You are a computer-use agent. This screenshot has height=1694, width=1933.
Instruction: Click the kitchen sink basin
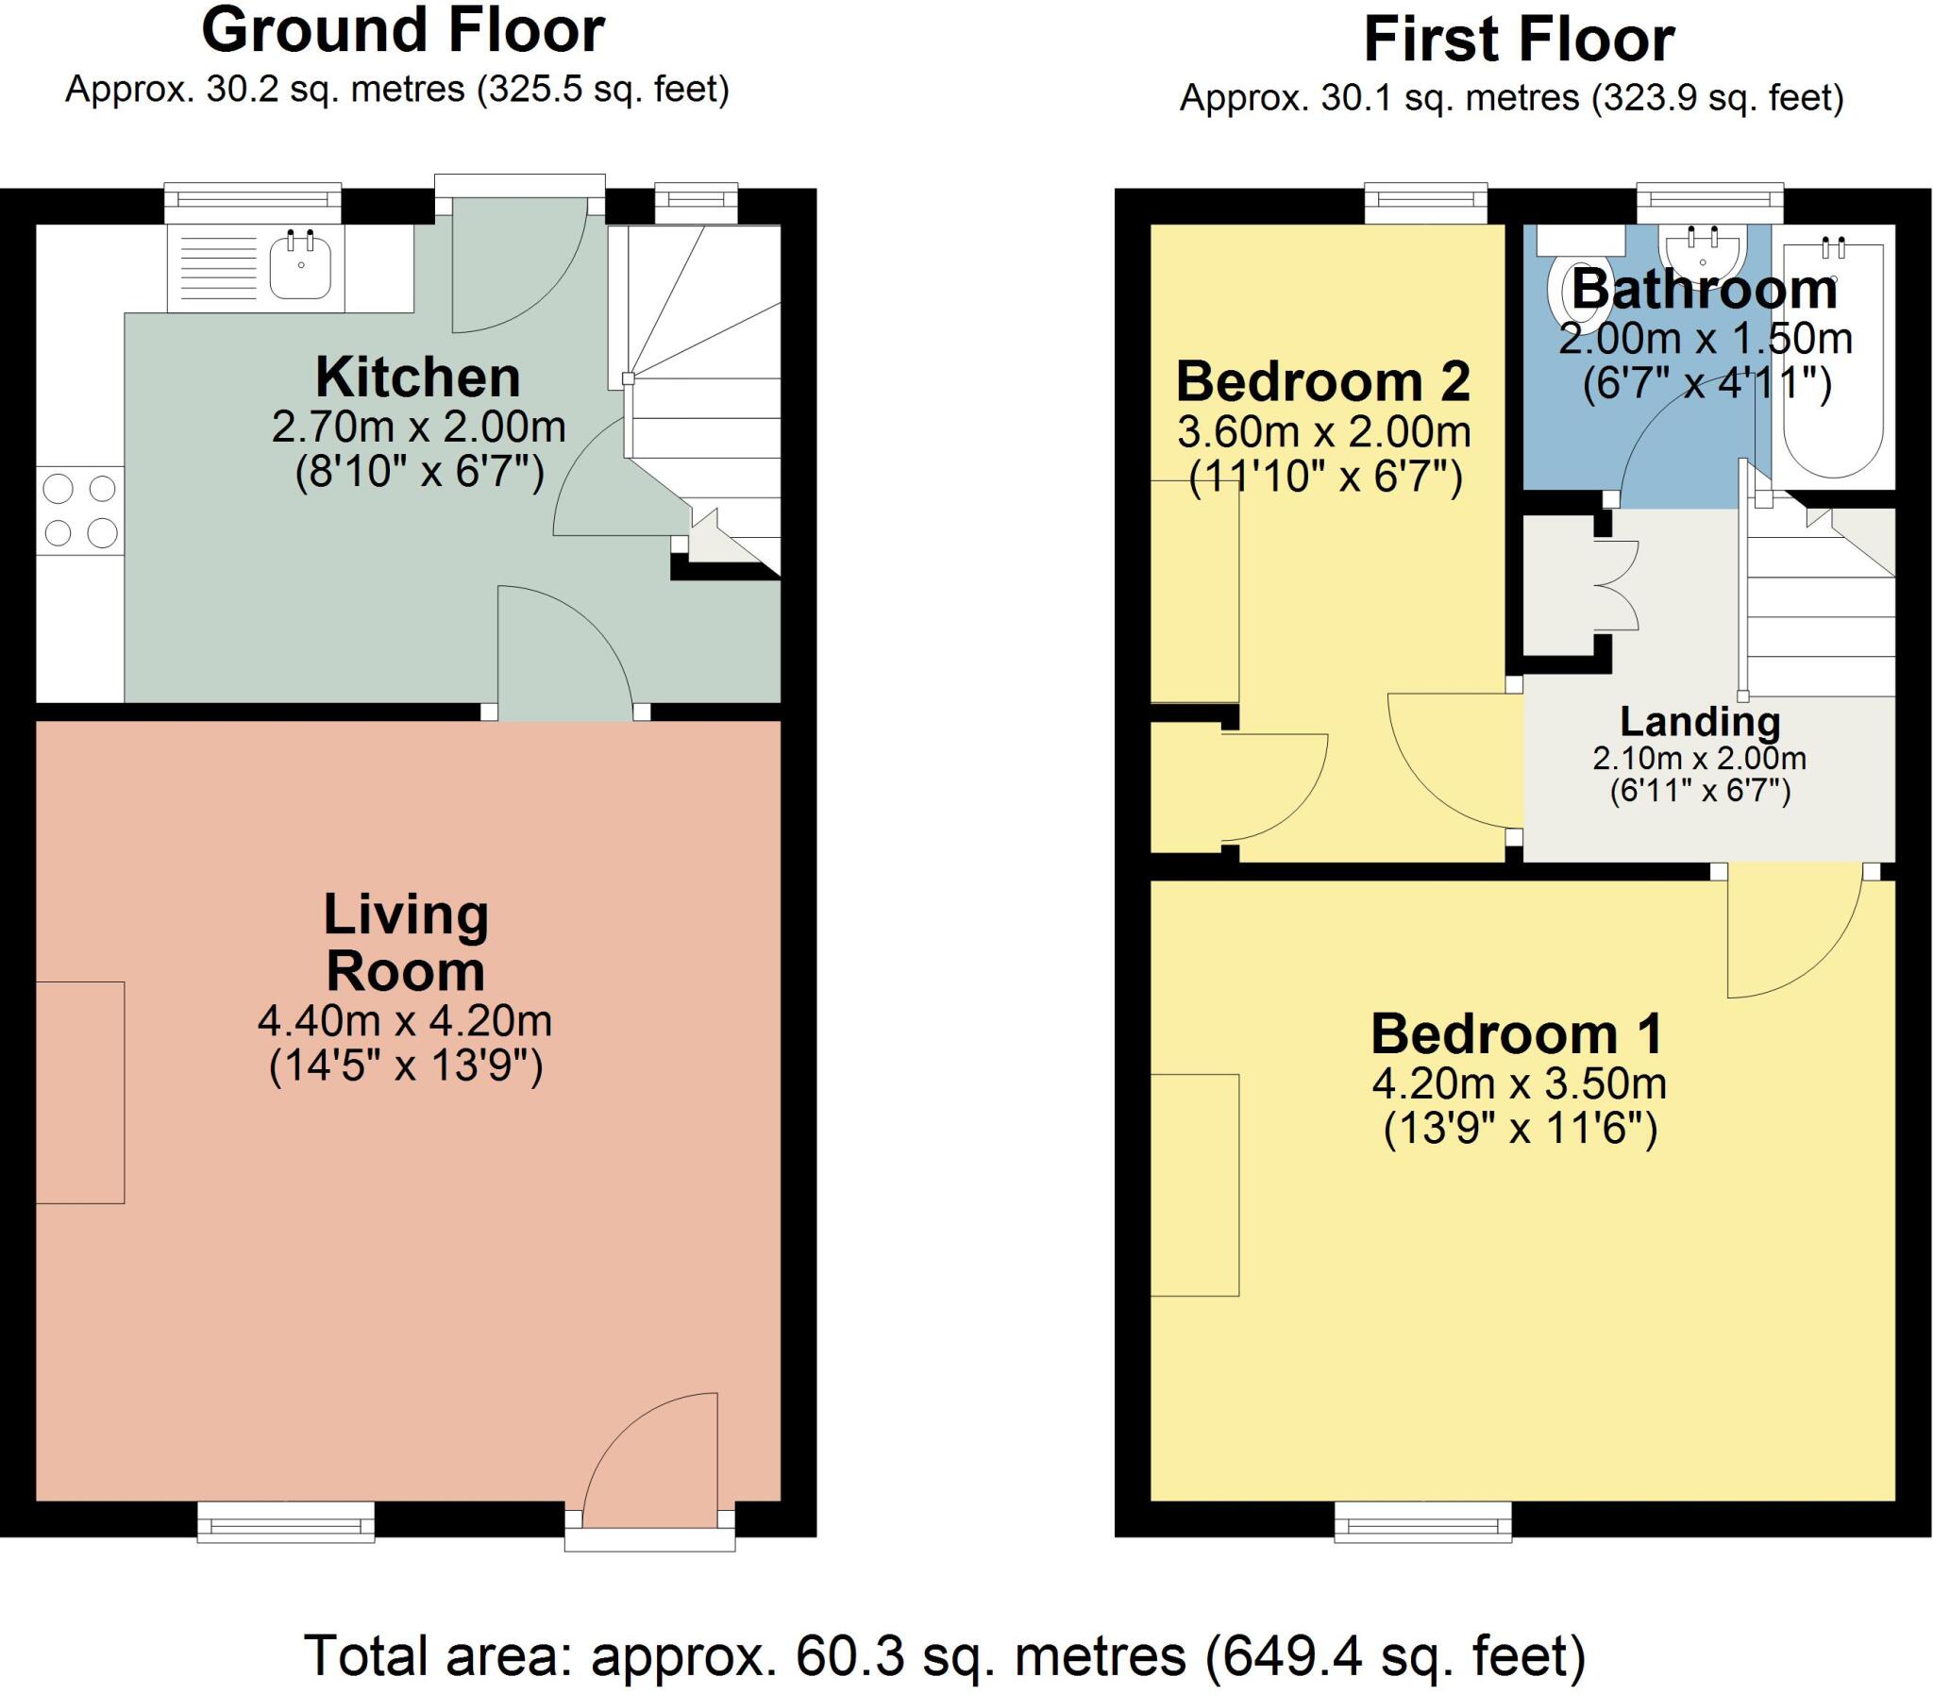(x=300, y=266)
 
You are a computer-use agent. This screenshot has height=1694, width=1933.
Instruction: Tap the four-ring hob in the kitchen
(x=80, y=512)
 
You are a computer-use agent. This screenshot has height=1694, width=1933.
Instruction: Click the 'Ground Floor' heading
(x=403, y=30)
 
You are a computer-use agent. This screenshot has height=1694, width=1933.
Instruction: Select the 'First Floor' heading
(x=1519, y=40)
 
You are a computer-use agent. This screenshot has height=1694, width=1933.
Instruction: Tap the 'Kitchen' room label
(x=418, y=377)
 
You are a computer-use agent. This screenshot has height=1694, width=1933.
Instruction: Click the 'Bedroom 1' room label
(x=1517, y=1033)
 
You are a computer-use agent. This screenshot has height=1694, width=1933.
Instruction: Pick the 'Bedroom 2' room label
(x=1323, y=381)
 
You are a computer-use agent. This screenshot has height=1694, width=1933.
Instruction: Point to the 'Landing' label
(x=1701, y=721)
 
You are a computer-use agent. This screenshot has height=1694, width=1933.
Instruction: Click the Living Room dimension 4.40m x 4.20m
(x=406, y=1021)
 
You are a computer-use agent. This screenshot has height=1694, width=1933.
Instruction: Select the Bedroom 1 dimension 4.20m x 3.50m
(x=1519, y=1083)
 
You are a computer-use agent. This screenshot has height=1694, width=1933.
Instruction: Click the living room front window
(x=285, y=1523)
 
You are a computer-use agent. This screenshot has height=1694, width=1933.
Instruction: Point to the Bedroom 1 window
(x=1422, y=1523)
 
